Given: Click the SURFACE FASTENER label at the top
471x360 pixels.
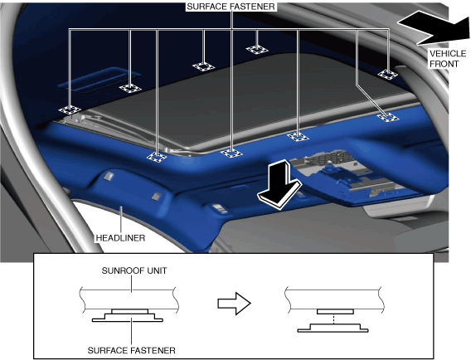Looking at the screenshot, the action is (231, 7).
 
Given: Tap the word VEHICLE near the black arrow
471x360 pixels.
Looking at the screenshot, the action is (448, 53).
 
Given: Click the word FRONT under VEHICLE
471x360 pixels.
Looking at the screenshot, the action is (444, 64).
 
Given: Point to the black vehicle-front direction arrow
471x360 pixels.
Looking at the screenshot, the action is (434, 27).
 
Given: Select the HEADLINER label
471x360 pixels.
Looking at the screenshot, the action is (120, 238).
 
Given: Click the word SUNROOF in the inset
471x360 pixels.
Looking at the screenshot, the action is (119, 270).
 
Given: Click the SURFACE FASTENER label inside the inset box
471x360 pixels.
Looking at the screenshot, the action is (132, 350).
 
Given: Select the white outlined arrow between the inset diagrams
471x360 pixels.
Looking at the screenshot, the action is (234, 304).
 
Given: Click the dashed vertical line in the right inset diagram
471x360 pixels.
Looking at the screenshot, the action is (334, 319).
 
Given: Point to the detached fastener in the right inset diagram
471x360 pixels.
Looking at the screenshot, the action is (333, 328).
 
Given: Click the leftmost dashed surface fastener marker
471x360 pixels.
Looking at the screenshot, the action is (70, 110).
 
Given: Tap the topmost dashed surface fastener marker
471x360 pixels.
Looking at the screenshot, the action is (257, 49).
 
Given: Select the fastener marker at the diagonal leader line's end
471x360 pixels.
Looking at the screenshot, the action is (388, 117).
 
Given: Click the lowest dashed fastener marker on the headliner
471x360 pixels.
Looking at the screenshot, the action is (157, 157).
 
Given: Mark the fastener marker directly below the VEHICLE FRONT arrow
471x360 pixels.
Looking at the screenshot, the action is (388, 74).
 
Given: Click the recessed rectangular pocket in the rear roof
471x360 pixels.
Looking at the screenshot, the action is (100, 80).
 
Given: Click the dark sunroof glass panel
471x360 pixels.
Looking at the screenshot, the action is (240, 102).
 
